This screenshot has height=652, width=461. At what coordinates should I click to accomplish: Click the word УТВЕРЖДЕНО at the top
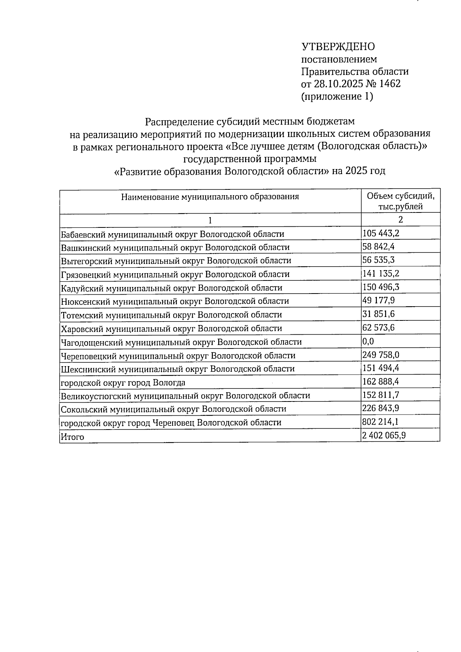(x=338, y=47)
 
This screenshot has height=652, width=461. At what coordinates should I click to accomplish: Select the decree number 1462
(x=390, y=84)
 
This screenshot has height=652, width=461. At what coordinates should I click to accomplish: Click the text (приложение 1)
(x=337, y=96)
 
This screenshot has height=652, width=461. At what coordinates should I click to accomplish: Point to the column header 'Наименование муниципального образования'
(x=210, y=197)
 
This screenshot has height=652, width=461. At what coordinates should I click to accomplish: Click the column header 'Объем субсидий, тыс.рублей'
(x=400, y=201)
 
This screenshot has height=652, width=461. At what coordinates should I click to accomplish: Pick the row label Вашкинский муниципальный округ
(x=175, y=247)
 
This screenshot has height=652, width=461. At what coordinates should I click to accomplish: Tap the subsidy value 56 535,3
(x=378, y=260)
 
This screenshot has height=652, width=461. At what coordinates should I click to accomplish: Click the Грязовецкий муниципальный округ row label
(x=175, y=274)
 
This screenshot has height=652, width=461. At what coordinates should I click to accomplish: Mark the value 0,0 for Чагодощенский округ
(x=368, y=341)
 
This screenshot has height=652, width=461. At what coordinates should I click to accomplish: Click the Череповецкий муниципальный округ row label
(x=178, y=355)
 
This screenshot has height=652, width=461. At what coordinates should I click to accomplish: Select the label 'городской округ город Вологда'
(x=123, y=383)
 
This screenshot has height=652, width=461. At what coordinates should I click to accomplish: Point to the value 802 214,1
(x=380, y=422)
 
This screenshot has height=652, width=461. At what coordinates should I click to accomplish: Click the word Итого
(x=72, y=437)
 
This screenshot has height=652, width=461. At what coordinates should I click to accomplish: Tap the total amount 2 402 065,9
(x=384, y=435)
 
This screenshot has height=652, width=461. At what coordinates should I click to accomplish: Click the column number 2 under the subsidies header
(x=400, y=220)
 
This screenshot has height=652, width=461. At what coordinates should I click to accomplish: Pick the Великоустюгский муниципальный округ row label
(x=185, y=396)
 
